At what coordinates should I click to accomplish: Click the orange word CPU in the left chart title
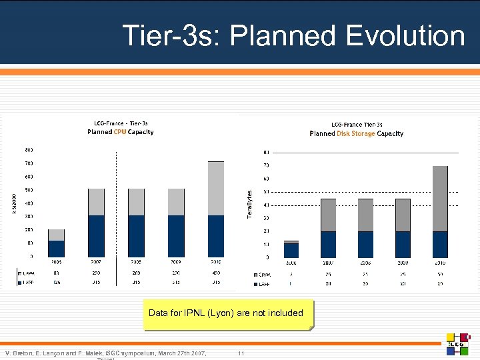(x=119, y=132)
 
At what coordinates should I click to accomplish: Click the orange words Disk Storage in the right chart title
(x=352, y=133)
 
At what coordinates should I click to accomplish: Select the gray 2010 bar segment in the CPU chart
(x=216, y=188)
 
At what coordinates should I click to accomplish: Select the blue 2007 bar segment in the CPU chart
(x=97, y=235)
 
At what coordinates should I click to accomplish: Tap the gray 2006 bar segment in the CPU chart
(x=56, y=235)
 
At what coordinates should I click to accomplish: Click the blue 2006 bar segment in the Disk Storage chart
(x=291, y=250)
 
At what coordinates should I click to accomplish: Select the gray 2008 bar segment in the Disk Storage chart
(x=365, y=215)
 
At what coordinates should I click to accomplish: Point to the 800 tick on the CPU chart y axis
(x=29, y=149)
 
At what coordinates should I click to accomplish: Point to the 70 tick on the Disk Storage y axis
(x=266, y=165)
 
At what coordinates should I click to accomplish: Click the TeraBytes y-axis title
(x=250, y=204)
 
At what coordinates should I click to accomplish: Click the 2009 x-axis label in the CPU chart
(x=176, y=263)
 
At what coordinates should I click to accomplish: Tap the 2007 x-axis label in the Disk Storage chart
(x=328, y=263)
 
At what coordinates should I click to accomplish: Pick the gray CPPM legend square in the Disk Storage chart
(x=256, y=274)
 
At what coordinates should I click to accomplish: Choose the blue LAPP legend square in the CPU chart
(x=19, y=283)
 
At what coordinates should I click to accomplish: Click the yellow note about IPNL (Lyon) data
(x=225, y=313)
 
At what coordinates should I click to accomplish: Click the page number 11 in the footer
(x=241, y=352)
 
